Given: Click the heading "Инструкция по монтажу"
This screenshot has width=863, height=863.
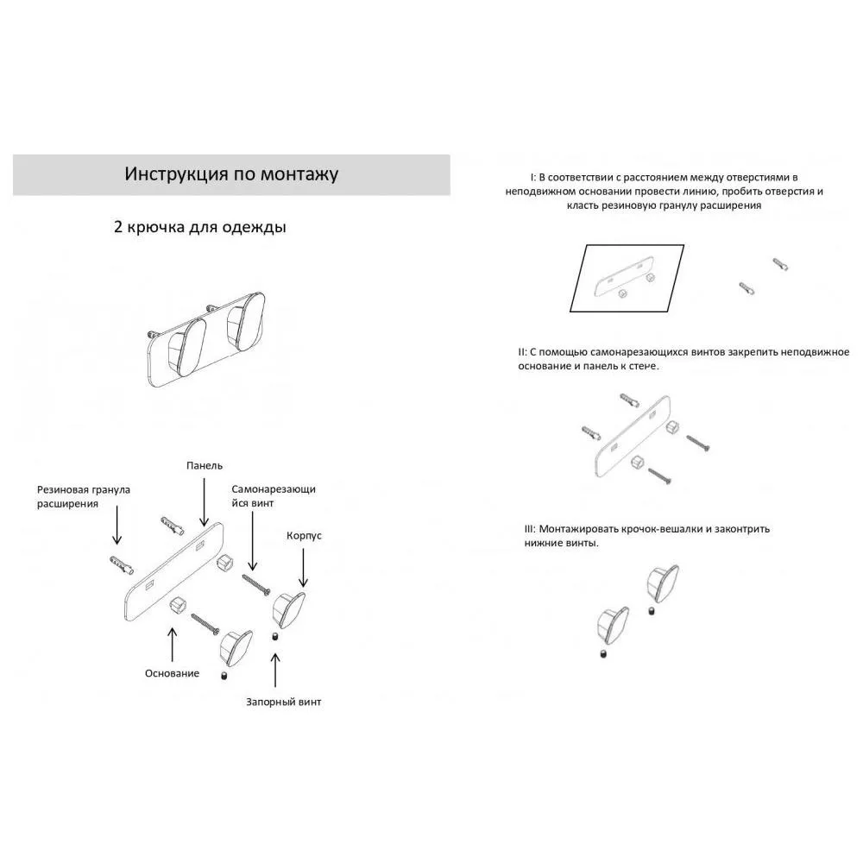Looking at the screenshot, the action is point(231,174).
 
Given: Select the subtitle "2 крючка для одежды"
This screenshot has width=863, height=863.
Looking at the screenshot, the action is point(200,227).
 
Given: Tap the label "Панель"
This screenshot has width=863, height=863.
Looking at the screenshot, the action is point(205,466).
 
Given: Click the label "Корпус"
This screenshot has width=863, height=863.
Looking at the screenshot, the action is point(304,536).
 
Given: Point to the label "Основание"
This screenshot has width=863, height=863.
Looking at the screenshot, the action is point(173,673).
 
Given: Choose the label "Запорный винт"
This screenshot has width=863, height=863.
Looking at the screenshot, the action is point(283,702).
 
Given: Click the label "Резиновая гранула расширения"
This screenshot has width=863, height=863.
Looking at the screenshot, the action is point(84,496).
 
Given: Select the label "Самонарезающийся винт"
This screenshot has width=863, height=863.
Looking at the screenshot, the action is point(274,496).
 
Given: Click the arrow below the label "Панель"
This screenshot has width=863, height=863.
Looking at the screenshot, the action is point(205,502).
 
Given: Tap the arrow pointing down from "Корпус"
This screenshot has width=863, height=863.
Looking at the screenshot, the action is point(303,567).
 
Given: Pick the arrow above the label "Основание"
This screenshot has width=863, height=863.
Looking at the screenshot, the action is point(173,645).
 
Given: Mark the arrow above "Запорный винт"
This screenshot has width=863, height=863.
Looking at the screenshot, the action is point(275,671).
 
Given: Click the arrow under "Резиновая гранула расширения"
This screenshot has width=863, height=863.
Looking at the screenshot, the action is point(117,525).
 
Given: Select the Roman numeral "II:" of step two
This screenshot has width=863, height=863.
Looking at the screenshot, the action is point(522,352).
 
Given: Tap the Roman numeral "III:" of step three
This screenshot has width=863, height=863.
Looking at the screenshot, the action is point(530,529).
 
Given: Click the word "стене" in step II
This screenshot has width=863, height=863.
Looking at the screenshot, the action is point(644,366).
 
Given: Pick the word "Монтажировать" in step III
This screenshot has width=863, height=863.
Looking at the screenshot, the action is point(578,529).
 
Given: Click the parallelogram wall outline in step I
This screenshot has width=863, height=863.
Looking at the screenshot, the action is point(627,278).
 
